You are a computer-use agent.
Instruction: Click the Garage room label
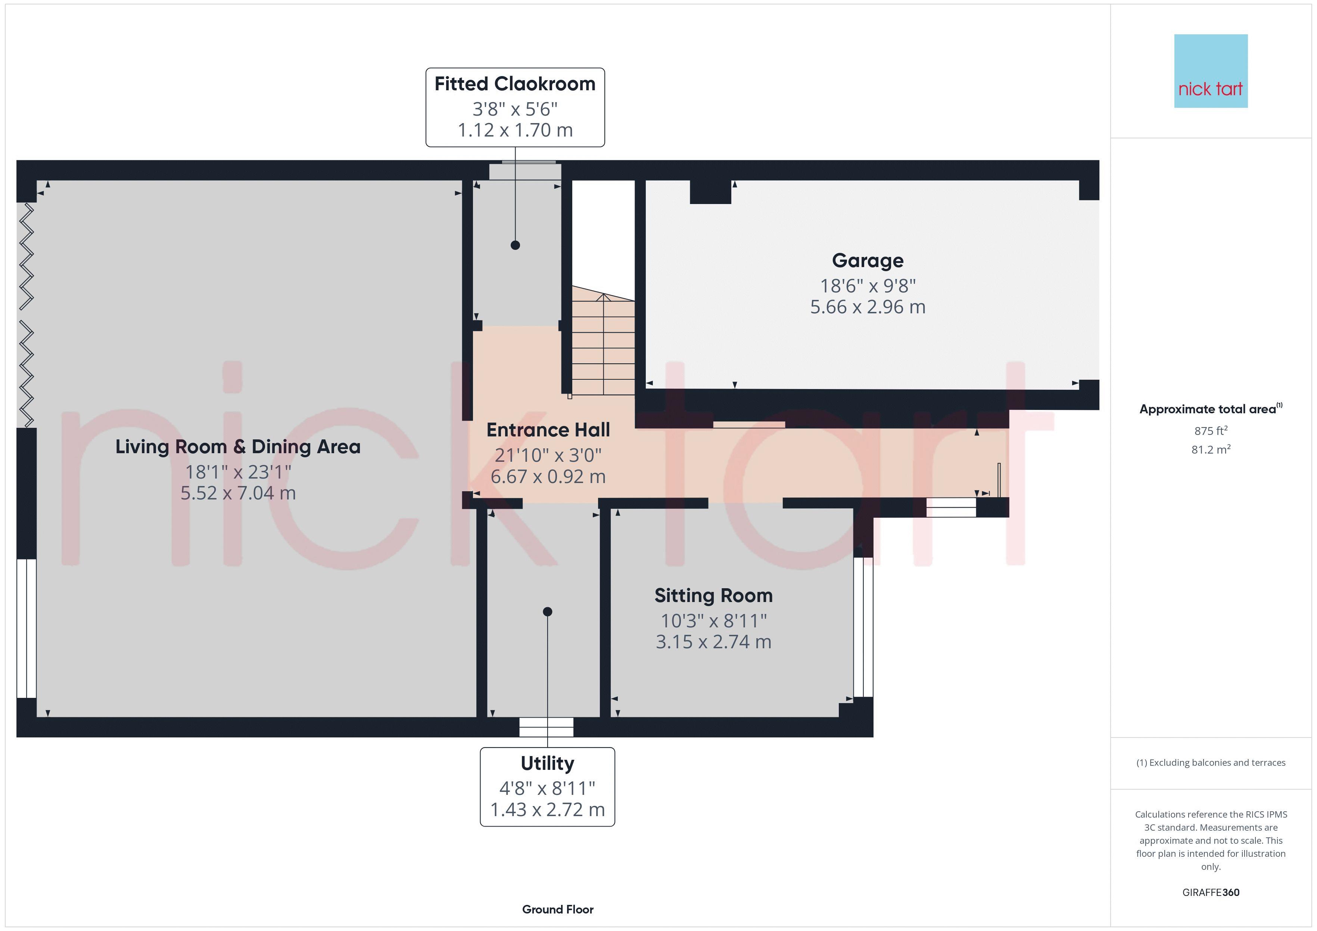(867, 261)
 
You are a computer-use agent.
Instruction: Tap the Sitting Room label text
(713, 596)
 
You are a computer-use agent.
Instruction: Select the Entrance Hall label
(548, 430)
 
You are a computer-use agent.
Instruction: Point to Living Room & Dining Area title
(237, 446)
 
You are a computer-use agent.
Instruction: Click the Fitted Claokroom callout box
(514, 107)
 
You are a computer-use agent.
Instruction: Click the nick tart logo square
(1210, 71)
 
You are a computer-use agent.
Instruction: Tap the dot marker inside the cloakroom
(515, 245)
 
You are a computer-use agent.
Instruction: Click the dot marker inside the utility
(547, 612)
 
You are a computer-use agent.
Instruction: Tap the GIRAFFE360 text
(1210, 892)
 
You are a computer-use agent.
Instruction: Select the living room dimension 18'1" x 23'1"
(237, 472)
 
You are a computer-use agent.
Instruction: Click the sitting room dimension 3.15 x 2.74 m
(713, 642)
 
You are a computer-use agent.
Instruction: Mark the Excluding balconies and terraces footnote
(1210, 762)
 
